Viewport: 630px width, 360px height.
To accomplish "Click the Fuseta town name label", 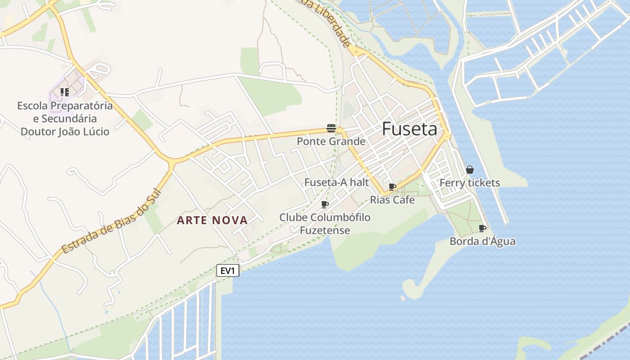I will [409, 129].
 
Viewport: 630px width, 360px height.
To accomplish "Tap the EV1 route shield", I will [228, 270].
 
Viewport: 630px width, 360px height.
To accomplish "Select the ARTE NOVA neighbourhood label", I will [212, 220].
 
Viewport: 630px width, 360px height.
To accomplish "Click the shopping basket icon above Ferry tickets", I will [470, 170].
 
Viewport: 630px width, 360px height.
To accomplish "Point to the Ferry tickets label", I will [470, 183].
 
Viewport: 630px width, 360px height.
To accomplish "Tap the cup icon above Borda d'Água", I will [482, 228].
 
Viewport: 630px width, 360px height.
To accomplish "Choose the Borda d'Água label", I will [482, 241].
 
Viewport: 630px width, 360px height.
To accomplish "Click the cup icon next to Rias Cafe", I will [392, 187].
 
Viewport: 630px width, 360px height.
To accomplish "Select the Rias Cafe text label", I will [392, 200].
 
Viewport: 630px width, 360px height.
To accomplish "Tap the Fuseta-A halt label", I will [337, 182].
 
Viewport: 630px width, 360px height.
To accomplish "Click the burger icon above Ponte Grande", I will [331, 128].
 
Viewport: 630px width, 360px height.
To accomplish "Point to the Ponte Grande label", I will [331, 141].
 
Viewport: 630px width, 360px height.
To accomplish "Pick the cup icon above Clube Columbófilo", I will [325, 205].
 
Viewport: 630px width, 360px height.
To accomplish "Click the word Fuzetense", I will [325, 230].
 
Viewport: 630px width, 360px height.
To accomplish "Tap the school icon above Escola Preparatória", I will [65, 92].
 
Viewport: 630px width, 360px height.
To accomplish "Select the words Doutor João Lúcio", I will [65, 131].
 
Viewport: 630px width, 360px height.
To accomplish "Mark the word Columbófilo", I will [340, 217].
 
